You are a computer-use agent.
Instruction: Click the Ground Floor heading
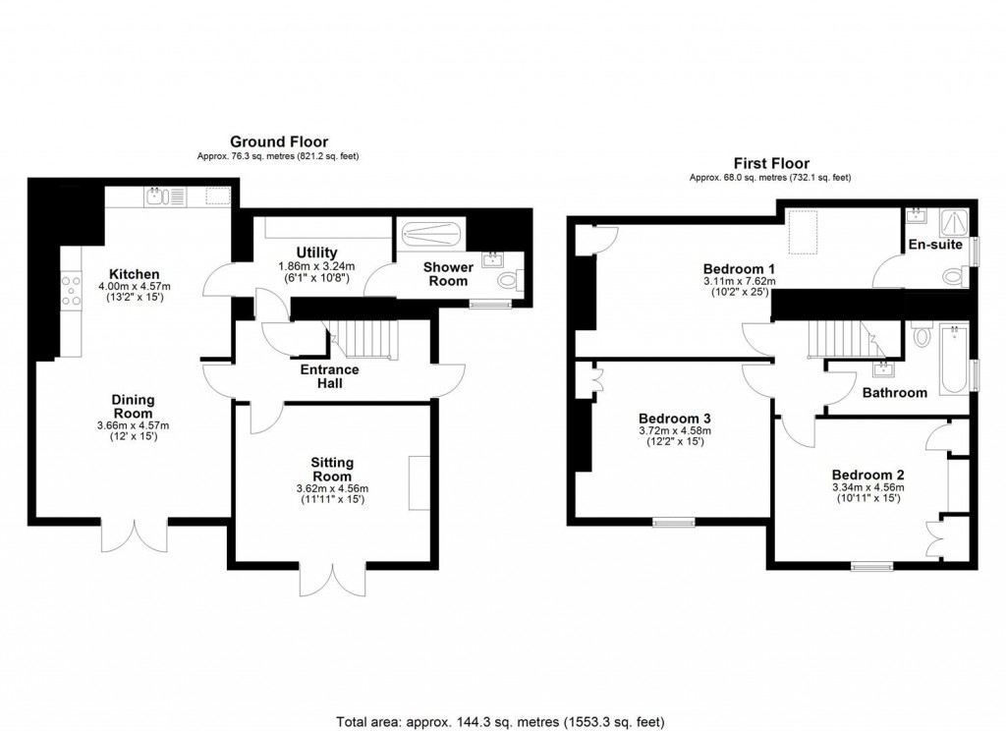coord(279,142)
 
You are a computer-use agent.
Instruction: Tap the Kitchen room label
coord(135,274)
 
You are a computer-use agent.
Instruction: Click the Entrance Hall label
coord(329,376)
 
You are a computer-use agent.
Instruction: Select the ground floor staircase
coord(364,341)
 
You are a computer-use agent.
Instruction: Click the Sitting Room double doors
coord(333,581)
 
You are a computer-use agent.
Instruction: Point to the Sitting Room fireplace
coord(419,482)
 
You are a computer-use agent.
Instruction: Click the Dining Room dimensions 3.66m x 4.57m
coord(134,425)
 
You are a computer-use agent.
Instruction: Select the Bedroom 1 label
coord(739,268)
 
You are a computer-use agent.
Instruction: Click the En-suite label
coord(934,245)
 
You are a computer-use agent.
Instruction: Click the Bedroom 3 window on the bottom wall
coord(674,522)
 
